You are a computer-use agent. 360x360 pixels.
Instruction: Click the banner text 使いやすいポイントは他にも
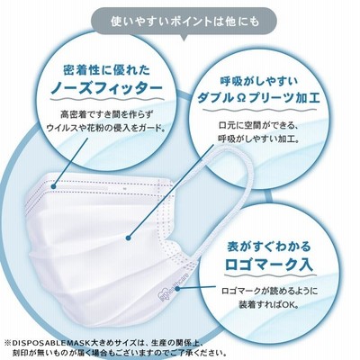[184, 22]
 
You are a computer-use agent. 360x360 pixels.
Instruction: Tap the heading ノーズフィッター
[106, 88]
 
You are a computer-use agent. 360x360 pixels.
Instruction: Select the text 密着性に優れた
[107, 70]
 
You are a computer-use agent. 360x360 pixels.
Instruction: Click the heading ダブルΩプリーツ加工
[258, 98]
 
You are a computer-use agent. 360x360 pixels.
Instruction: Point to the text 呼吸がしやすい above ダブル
[258, 81]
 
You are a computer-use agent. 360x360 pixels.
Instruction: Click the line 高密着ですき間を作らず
[106, 115]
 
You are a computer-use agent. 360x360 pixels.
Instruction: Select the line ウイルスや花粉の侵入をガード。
[106, 128]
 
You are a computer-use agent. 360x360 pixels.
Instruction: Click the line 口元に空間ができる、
[258, 126]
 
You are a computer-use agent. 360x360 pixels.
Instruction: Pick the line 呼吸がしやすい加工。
[258, 139]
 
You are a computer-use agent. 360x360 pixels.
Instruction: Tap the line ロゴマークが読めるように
[269, 291]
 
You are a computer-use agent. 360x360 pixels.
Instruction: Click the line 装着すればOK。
[269, 304]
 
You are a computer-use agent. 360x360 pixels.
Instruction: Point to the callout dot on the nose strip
[54, 186]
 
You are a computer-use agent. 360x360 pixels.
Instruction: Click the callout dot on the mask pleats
[129, 238]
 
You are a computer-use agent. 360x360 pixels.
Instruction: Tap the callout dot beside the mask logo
[178, 290]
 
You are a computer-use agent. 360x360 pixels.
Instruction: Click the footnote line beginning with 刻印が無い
[118, 352]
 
